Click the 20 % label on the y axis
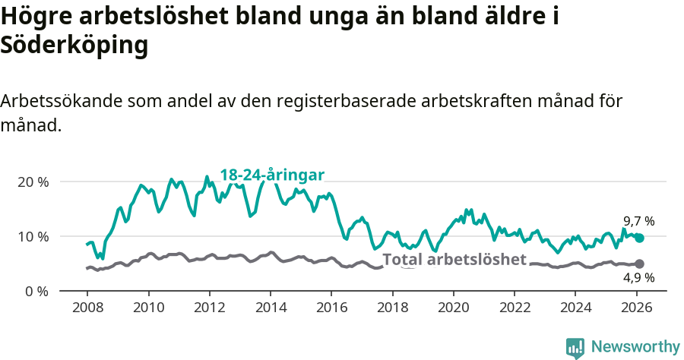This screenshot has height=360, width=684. pos(33,182)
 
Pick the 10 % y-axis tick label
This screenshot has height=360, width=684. pos(33,236)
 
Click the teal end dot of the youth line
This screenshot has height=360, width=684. pos(640,238)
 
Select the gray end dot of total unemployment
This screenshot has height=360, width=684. pos(640,264)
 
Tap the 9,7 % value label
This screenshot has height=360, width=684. pos(638,221)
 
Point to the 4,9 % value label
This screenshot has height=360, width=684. pos(638,279)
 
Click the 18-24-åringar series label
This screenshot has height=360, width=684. pos(272,175)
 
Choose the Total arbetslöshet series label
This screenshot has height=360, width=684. pos(454,259)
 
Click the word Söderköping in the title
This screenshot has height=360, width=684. pos(74,46)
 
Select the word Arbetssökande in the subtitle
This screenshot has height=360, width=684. pos(63,101)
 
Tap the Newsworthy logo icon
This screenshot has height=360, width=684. pos(575,347)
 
